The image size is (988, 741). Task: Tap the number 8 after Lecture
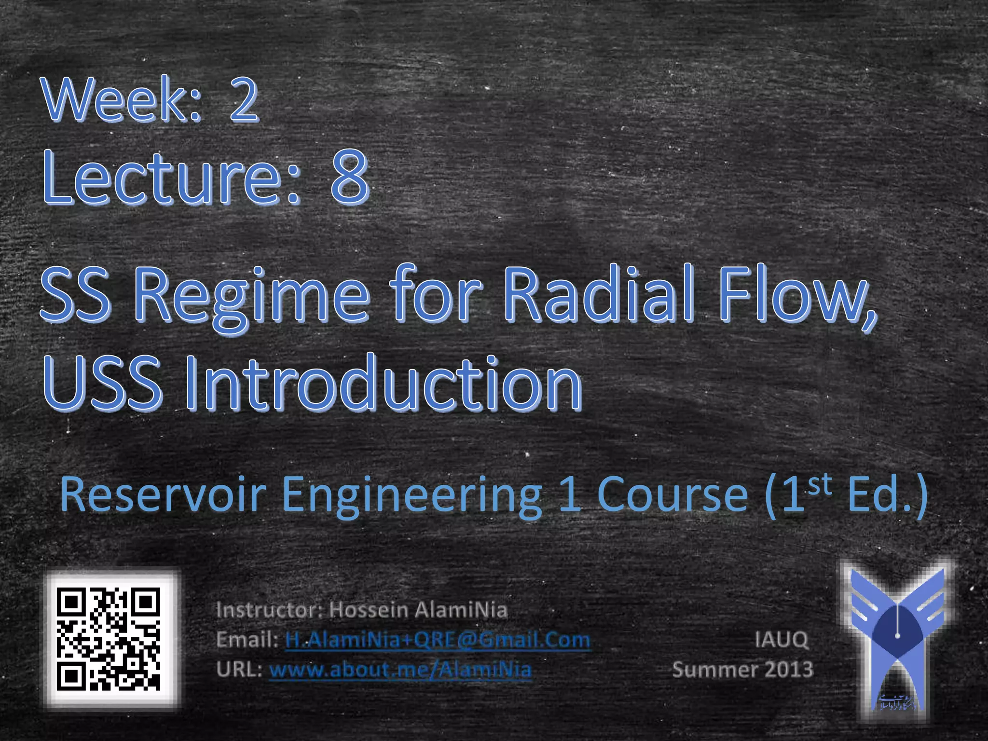350,177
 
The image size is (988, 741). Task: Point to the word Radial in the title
598,294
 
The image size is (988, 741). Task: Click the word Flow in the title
791,294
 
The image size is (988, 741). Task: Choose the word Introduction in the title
384,382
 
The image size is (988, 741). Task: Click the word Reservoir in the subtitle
163,494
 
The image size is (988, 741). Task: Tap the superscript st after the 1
820,485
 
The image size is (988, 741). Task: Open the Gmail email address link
438,640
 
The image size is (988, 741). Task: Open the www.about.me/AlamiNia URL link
400,670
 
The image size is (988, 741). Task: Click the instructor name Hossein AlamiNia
418,610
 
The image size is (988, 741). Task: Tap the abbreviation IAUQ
781,640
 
